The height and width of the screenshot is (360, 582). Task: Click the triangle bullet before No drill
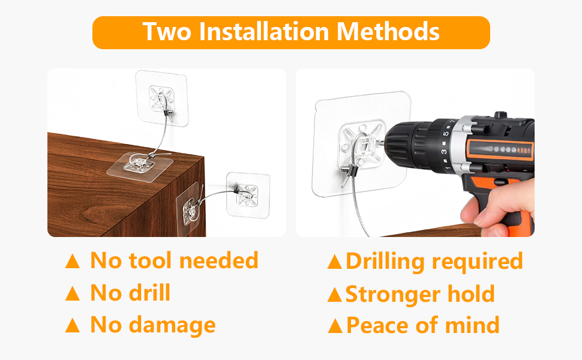72,293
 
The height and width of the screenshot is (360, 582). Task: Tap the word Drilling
384,261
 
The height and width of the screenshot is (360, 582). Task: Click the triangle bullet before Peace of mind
335,326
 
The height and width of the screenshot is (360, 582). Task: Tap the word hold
471,294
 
